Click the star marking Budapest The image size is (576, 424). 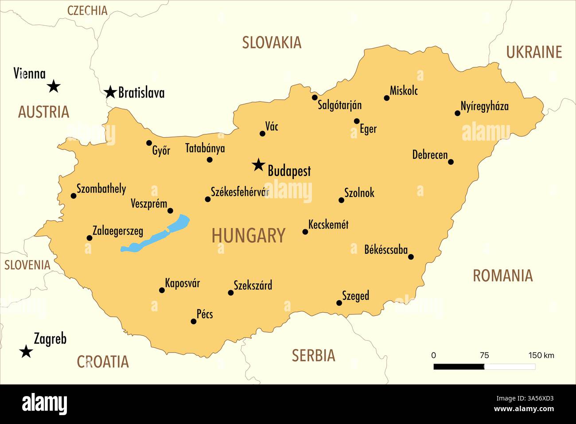(257, 165)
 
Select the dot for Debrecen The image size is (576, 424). (451, 162)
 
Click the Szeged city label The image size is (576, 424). (355, 296)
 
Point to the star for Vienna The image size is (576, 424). (54, 86)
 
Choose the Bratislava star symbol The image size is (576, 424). (110, 92)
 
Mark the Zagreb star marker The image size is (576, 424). (27, 352)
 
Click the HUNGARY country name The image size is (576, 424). (248, 236)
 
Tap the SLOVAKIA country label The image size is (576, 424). (272, 43)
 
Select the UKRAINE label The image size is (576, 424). (534, 52)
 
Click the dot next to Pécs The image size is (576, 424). (194, 321)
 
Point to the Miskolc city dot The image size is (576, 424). (386, 98)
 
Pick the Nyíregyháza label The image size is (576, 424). (484, 106)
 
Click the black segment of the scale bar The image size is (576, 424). (459, 367)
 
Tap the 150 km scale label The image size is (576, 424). (541, 355)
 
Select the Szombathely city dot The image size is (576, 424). (74, 196)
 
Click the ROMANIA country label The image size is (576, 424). (502, 276)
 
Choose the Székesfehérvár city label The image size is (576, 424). (240, 192)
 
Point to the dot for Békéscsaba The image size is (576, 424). (411, 257)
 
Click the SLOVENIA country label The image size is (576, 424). (27, 265)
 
